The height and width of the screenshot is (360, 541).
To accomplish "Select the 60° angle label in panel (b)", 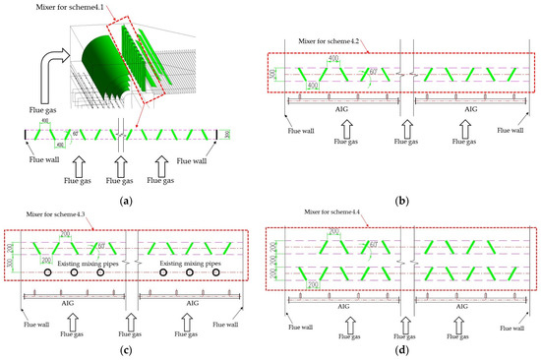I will [x=372, y=71].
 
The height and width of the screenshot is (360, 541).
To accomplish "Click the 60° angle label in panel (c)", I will [x=100, y=247].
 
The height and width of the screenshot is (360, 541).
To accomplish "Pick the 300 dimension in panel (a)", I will [x=227, y=135].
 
